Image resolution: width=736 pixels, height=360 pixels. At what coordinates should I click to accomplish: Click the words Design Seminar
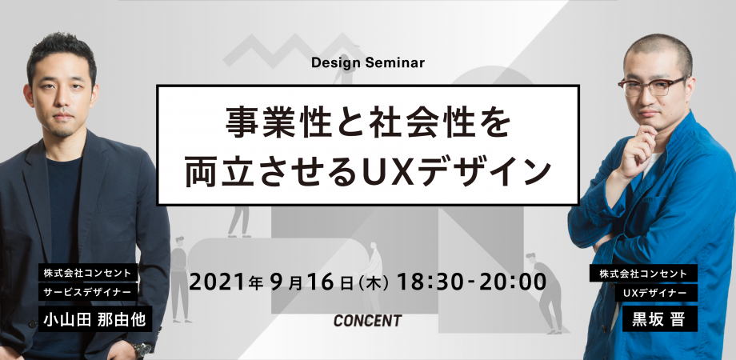coord(367,63)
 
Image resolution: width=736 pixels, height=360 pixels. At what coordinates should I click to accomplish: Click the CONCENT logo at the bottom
coord(367,321)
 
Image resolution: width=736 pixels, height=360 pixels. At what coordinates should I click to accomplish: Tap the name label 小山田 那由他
coord(95,320)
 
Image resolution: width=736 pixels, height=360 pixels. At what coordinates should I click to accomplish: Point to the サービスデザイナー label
coord(88,291)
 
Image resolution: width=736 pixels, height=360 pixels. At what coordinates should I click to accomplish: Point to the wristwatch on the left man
coord(142,350)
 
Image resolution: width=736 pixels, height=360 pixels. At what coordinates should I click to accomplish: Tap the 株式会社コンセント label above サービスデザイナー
coord(88,274)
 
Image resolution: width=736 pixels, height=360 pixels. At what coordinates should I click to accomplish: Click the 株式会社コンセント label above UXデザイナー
coord(643,274)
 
